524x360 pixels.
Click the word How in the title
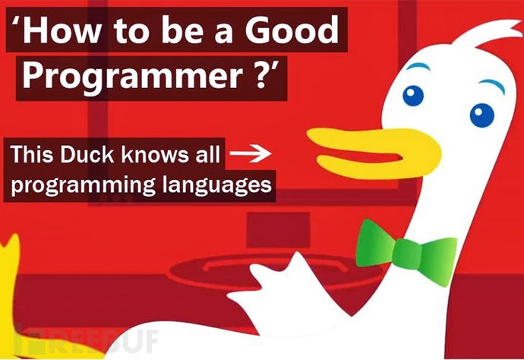62,30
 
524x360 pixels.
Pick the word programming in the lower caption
84,185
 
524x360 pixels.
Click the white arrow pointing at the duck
251,153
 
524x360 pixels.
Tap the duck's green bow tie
406,252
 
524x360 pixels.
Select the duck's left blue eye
413,96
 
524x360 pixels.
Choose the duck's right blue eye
482,115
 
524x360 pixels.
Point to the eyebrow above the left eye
418,66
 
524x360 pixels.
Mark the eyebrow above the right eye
492,84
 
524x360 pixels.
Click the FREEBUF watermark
85,340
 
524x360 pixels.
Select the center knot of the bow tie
407,254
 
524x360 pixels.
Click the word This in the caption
32,154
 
